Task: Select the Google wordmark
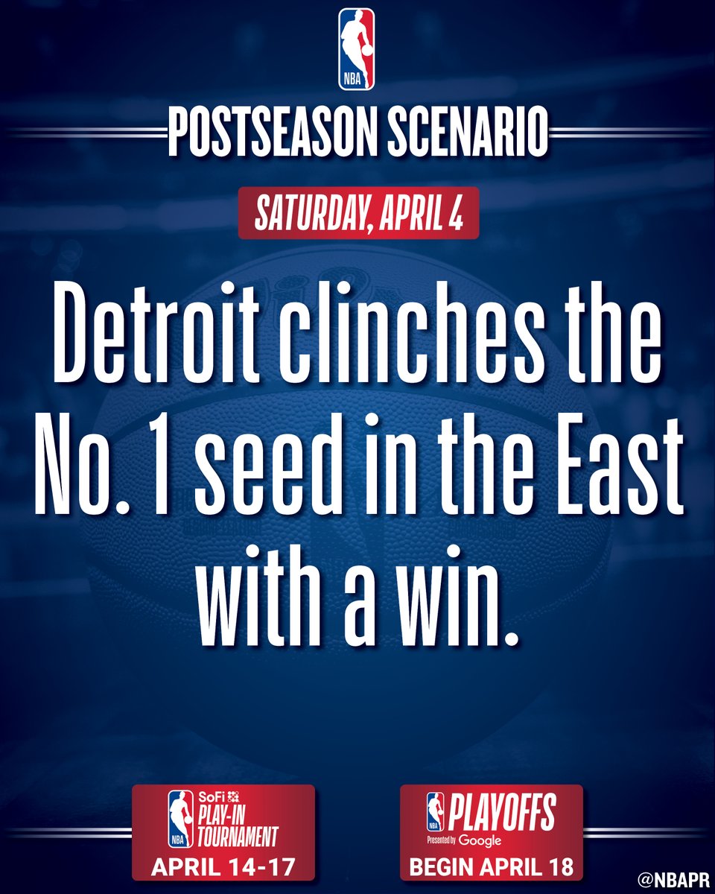[480, 840]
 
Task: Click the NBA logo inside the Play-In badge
[179, 819]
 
